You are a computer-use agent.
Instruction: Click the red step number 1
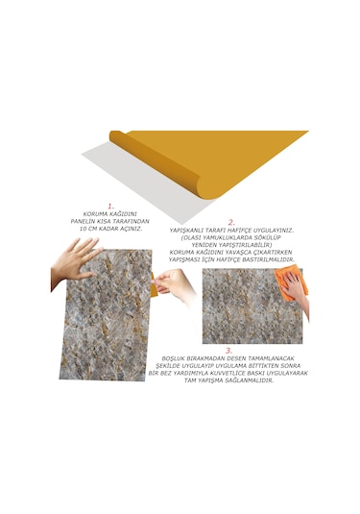pyautogui.click(x=110, y=206)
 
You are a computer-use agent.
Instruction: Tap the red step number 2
pyautogui.click(x=230, y=222)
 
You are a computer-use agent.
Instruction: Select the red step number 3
pyautogui.click(x=228, y=351)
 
